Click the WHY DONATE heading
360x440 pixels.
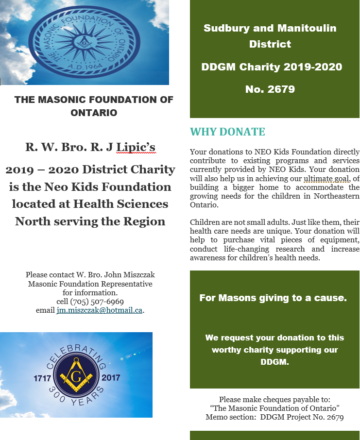[x=227, y=132]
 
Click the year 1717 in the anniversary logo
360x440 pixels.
[x=43, y=377]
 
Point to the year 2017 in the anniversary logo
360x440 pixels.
[x=111, y=377]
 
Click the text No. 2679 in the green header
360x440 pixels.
[x=271, y=89]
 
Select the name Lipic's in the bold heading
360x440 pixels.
[x=136, y=147]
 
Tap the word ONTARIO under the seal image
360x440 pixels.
[x=94, y=113]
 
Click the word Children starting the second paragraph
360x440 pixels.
[x=206, y=222]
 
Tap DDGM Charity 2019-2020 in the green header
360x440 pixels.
[x=272, y=67]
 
